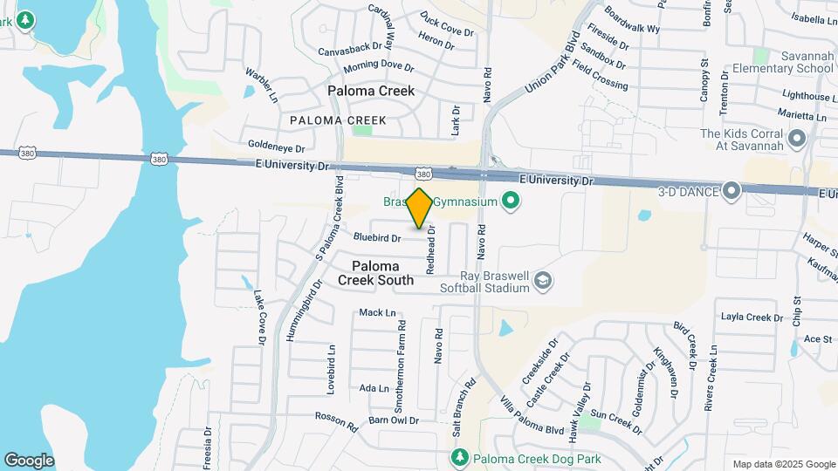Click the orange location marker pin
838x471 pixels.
[420, 208]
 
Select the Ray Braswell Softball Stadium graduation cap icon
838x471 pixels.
[543, 280]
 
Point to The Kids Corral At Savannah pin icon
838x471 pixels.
[795, 139]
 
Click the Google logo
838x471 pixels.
[29, 460]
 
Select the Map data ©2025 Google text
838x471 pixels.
[783, 464]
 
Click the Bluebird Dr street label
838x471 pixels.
[377, 237]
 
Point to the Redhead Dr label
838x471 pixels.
[430, 251]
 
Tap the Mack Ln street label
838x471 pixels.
[377, 312]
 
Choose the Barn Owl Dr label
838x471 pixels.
[394, 420]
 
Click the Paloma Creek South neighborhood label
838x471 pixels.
[382, 273]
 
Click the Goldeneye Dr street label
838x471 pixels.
[276, 147]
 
